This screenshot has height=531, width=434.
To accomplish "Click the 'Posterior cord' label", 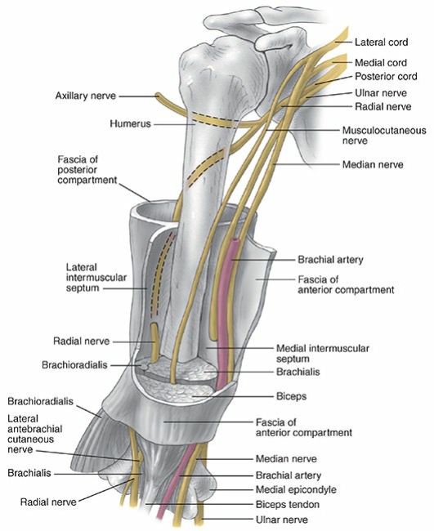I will point(385,78).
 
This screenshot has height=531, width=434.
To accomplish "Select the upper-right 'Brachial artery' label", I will point(330,260).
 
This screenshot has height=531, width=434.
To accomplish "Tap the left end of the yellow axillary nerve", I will point(161,96).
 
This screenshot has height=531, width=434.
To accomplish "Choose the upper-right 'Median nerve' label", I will point(373,164).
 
